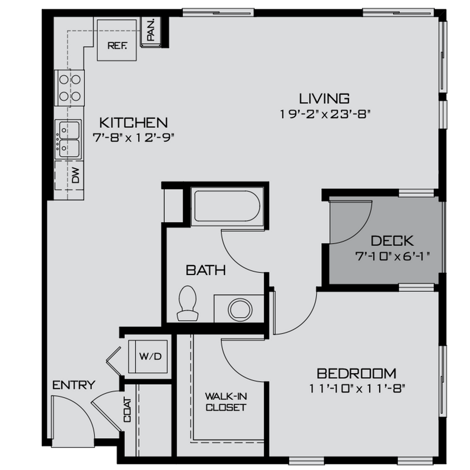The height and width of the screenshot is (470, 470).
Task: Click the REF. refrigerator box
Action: (x=117, y=40)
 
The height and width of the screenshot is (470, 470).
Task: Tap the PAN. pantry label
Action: (x=151, y=31)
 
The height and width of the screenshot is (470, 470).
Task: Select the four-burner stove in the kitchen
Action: (x=69, y=88)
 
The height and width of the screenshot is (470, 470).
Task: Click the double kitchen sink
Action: (x=68, y=138)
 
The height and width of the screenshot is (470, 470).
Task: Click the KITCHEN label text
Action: (x=133, y=123)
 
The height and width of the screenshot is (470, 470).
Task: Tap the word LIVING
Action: (x=325, y=99)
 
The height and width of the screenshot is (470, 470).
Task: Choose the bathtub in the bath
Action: (x=226, y=207)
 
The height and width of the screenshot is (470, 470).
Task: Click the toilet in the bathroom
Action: (x=187, y=303)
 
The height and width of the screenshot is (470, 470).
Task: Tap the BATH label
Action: (x=205, y=271)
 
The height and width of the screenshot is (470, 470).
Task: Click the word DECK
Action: (x=392, y=241)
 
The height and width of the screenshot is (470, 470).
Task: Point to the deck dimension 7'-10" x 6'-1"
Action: (x=392, y=256)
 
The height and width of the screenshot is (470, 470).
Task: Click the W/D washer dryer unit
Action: (x=150, y=356)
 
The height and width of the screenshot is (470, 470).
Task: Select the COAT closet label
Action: (x=128, y=410)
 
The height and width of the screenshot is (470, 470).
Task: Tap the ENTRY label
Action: (x=74, y=385)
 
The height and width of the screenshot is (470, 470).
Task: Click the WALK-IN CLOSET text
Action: (x=226, y=402)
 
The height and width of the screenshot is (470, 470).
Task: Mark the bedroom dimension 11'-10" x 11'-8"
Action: (x=356, y=388)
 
